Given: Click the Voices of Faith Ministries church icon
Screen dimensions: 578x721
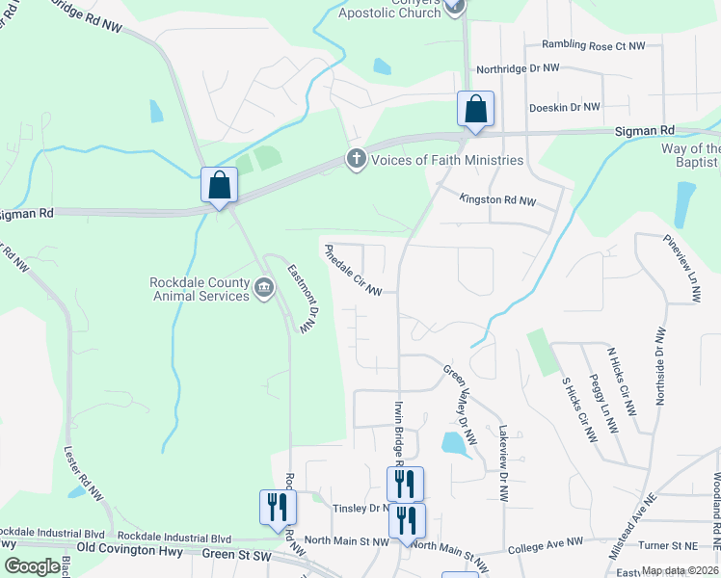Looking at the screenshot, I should (x=357, y=159).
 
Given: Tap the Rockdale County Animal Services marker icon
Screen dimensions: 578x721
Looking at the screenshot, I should (x=263, y=287).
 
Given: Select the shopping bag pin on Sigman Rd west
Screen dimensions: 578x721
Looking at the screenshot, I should (x=219, y=184).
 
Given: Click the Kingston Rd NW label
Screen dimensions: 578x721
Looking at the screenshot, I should (x=497, y=200).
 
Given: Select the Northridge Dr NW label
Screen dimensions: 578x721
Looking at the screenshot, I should (x=518, y=69).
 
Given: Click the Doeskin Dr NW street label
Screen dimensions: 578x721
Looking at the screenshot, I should (x=564, y=107).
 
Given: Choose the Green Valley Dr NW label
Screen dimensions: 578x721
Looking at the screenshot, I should (x=460, y=405).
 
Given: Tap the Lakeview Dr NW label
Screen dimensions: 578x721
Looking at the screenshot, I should (x=502, y=462).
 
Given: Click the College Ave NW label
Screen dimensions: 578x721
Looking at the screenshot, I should (x=547, y=547).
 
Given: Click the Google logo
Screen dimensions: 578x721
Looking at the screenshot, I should (x=32, y=566).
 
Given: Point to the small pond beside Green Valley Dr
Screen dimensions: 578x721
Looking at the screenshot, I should (x=451, y=443).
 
